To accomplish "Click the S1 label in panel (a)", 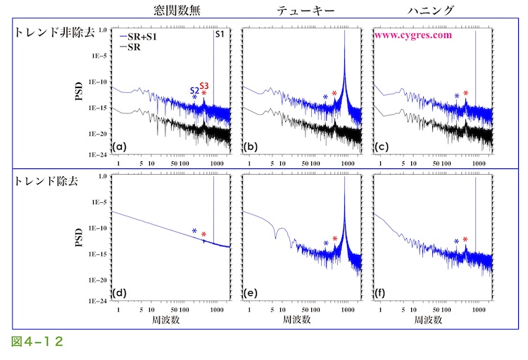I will (220, 34).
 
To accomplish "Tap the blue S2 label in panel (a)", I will (194, 89).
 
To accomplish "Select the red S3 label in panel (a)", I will (204, 85).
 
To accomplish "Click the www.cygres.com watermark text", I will (413, 34).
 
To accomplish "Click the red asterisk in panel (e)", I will (335, 239).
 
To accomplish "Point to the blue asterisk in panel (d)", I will (194, 231).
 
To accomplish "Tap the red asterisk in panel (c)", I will (465, 94).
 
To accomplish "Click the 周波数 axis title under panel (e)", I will (299, 319).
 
